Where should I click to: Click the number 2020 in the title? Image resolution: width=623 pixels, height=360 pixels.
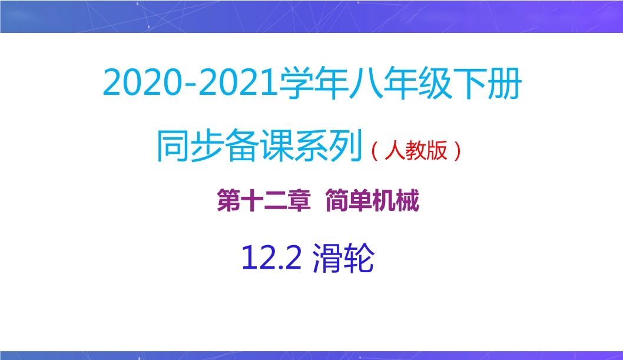pos(141,82)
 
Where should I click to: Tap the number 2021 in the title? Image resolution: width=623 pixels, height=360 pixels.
pos(238,82)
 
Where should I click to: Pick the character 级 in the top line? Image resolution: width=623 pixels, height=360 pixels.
pos(434,83)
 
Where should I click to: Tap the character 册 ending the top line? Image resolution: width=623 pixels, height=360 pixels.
pos(504,83)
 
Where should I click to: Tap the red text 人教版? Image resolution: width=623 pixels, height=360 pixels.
pos(416,150)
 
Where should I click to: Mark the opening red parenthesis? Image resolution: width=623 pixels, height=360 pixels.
pos(375,151)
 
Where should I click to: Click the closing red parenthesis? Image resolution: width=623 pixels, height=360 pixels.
pos(457,151)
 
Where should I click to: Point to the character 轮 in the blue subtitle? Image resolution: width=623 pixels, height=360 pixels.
pos(359,257)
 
